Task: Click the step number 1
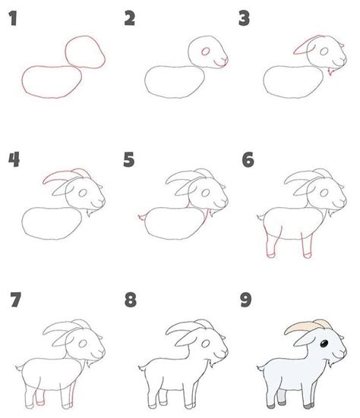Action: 13,18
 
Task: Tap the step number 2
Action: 129,18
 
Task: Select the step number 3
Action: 245,18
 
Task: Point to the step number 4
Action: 14,159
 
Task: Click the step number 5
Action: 129,159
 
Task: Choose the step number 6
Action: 248,159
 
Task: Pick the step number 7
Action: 15,300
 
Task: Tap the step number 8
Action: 131,300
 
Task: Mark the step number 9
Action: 245,300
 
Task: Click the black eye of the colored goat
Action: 324,344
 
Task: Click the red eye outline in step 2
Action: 205,52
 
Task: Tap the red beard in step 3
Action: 331,71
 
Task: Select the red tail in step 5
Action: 142,217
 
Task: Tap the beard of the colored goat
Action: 331,363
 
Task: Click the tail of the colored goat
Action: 261,368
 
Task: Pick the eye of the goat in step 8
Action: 205,344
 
